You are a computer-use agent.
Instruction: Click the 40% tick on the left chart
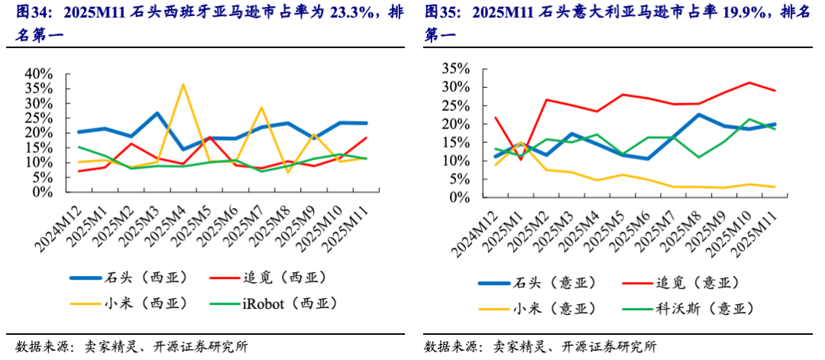coord(38,73)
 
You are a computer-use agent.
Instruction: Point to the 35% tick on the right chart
coord(453,69)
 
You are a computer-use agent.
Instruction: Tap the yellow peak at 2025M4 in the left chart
coord(182,84)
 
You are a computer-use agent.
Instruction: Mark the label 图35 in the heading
coord(442,12)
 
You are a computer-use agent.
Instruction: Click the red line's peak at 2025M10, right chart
coord(749,83)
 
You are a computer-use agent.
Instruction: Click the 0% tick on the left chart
coord(42,192)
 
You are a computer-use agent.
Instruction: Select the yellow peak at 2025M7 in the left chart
coord(261,107)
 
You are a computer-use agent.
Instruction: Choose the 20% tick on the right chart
coord(453,124)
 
